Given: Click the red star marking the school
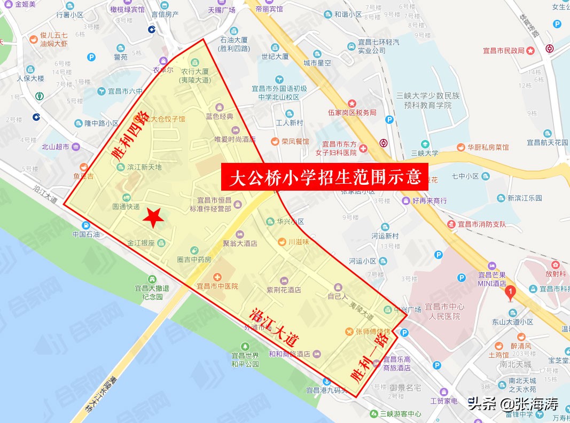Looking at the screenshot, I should (x=154, y=217).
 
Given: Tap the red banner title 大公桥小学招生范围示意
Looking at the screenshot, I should (x=325, y=177).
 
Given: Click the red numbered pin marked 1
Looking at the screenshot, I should (x=510, y=293).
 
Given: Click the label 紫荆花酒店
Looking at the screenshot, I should (x=284, y=290).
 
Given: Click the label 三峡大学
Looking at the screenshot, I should (x=425, y=153).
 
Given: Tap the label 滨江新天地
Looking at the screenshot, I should (x=144, y=167).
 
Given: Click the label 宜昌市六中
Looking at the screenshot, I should (x=128, y=91).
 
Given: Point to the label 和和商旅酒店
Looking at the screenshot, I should (x=290, y=354).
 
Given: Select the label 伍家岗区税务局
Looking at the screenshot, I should (x=353, y=112).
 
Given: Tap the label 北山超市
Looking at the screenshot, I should (x=56, y=147).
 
